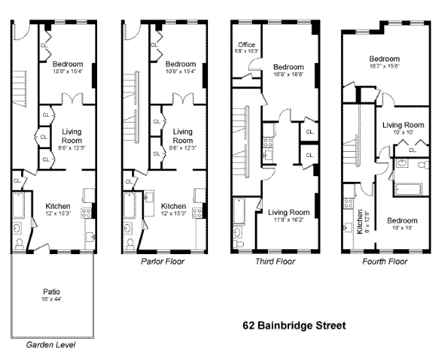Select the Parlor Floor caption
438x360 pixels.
[164, 261]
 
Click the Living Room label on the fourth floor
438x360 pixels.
[403, 125]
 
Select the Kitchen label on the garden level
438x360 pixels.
[58, 205]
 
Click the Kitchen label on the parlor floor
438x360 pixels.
[173, 206]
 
